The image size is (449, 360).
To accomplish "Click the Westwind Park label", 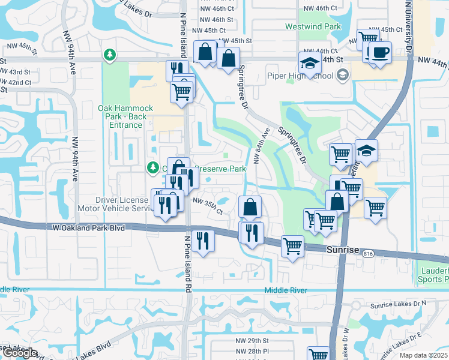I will click(321, 27).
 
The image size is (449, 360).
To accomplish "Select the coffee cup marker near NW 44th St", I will click(380, 53).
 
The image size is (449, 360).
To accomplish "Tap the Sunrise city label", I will click(342, 249).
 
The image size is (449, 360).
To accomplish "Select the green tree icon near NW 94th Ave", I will click(109, 55).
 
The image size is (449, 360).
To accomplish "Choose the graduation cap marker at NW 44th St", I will click(310, 63).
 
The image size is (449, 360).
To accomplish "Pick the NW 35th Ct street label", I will click(207, 206).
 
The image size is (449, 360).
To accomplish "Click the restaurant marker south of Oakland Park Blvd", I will click(203, 241).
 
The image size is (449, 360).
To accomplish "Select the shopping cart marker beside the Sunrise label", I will click(292, 246).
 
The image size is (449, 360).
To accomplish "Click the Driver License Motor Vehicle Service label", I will click(122, 204).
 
